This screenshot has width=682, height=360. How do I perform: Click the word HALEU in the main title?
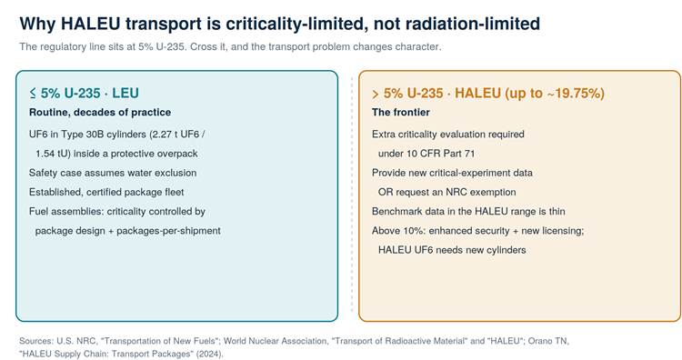[x=90, y=24]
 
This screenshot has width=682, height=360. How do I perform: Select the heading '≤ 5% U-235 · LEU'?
[x=84, y=93]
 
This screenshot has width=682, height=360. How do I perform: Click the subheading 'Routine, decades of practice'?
[x=100, y=112]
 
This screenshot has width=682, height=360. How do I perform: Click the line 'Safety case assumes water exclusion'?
[x=113, y=173]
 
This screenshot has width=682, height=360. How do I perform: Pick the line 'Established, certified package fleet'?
[x=106, y=192]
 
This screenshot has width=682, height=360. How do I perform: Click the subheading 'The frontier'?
[x=401, y=112]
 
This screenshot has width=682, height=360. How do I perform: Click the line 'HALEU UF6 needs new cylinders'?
[x=452, y=250]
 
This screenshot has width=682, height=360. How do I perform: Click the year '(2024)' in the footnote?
[x=207, y=354]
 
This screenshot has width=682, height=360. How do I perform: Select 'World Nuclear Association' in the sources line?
[x=275, y=341]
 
